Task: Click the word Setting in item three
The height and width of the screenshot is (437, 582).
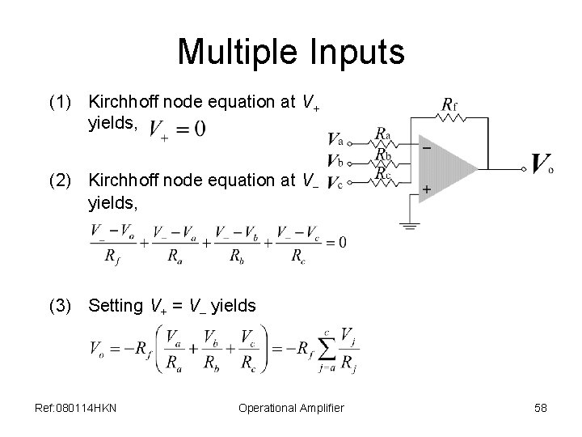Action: click(116, 305)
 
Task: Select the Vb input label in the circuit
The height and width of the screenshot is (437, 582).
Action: click(335, 160)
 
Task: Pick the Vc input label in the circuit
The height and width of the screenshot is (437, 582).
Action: click(335, 183)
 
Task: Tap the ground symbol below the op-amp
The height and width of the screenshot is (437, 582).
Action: click(411, 226)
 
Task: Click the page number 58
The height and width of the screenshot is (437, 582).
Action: click(540, 408)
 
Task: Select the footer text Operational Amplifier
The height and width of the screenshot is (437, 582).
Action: click(291, 408)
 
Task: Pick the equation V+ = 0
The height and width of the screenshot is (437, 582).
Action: click(177, 129)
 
